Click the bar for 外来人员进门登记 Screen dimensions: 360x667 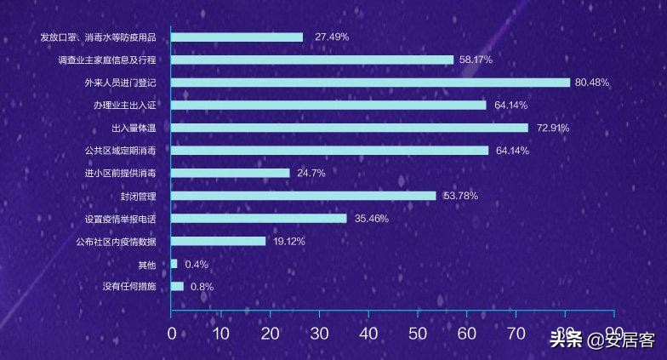pos(370,83)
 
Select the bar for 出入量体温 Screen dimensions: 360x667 pos(350,128)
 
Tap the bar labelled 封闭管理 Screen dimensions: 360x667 pos(304,196)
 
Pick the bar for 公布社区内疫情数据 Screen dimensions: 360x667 pos(219,241)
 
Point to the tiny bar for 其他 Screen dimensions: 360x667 pos(174,264)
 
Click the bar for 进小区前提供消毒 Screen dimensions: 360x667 pos(231,173)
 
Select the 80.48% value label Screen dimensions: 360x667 pos(592,83)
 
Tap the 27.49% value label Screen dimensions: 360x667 pos(332,37)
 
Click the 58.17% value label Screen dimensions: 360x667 pos(476,60)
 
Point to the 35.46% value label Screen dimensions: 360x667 pos(372,219)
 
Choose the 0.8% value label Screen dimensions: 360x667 pos(202,287)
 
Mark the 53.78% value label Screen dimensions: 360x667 pos(460,196)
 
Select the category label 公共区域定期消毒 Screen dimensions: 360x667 pos(121,151)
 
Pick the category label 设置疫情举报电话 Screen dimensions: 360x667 pos(121,219)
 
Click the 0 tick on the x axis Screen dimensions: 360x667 pos(172,334)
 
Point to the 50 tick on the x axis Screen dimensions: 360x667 pos(417,334)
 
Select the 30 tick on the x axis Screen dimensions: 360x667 pos(319,334)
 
